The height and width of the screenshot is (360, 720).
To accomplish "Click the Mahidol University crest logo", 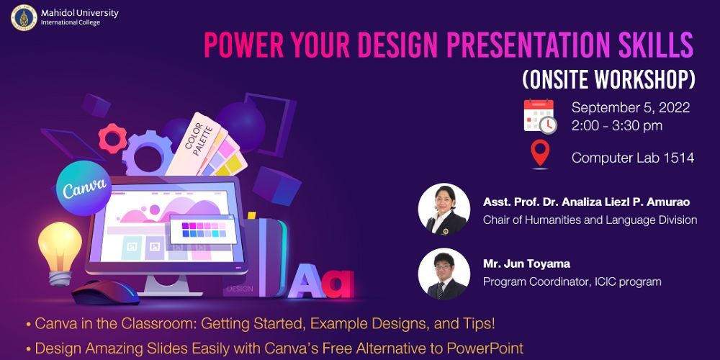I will click(24, 17).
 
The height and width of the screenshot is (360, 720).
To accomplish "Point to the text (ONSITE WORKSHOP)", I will click(608, 77).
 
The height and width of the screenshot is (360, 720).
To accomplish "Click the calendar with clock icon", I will click(539, 117).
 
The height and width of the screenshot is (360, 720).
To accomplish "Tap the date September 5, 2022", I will click(631, 108).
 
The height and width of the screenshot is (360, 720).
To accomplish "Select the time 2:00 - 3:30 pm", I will click(617, 125).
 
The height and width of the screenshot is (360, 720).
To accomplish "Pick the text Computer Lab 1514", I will click(632, 158).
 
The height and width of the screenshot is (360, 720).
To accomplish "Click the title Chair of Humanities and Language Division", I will click(590, 220).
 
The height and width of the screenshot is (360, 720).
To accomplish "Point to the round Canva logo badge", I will click(85, 189).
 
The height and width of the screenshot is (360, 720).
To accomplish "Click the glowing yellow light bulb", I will click(59, 248).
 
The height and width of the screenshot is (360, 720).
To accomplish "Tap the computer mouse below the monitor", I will click(106, 292).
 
